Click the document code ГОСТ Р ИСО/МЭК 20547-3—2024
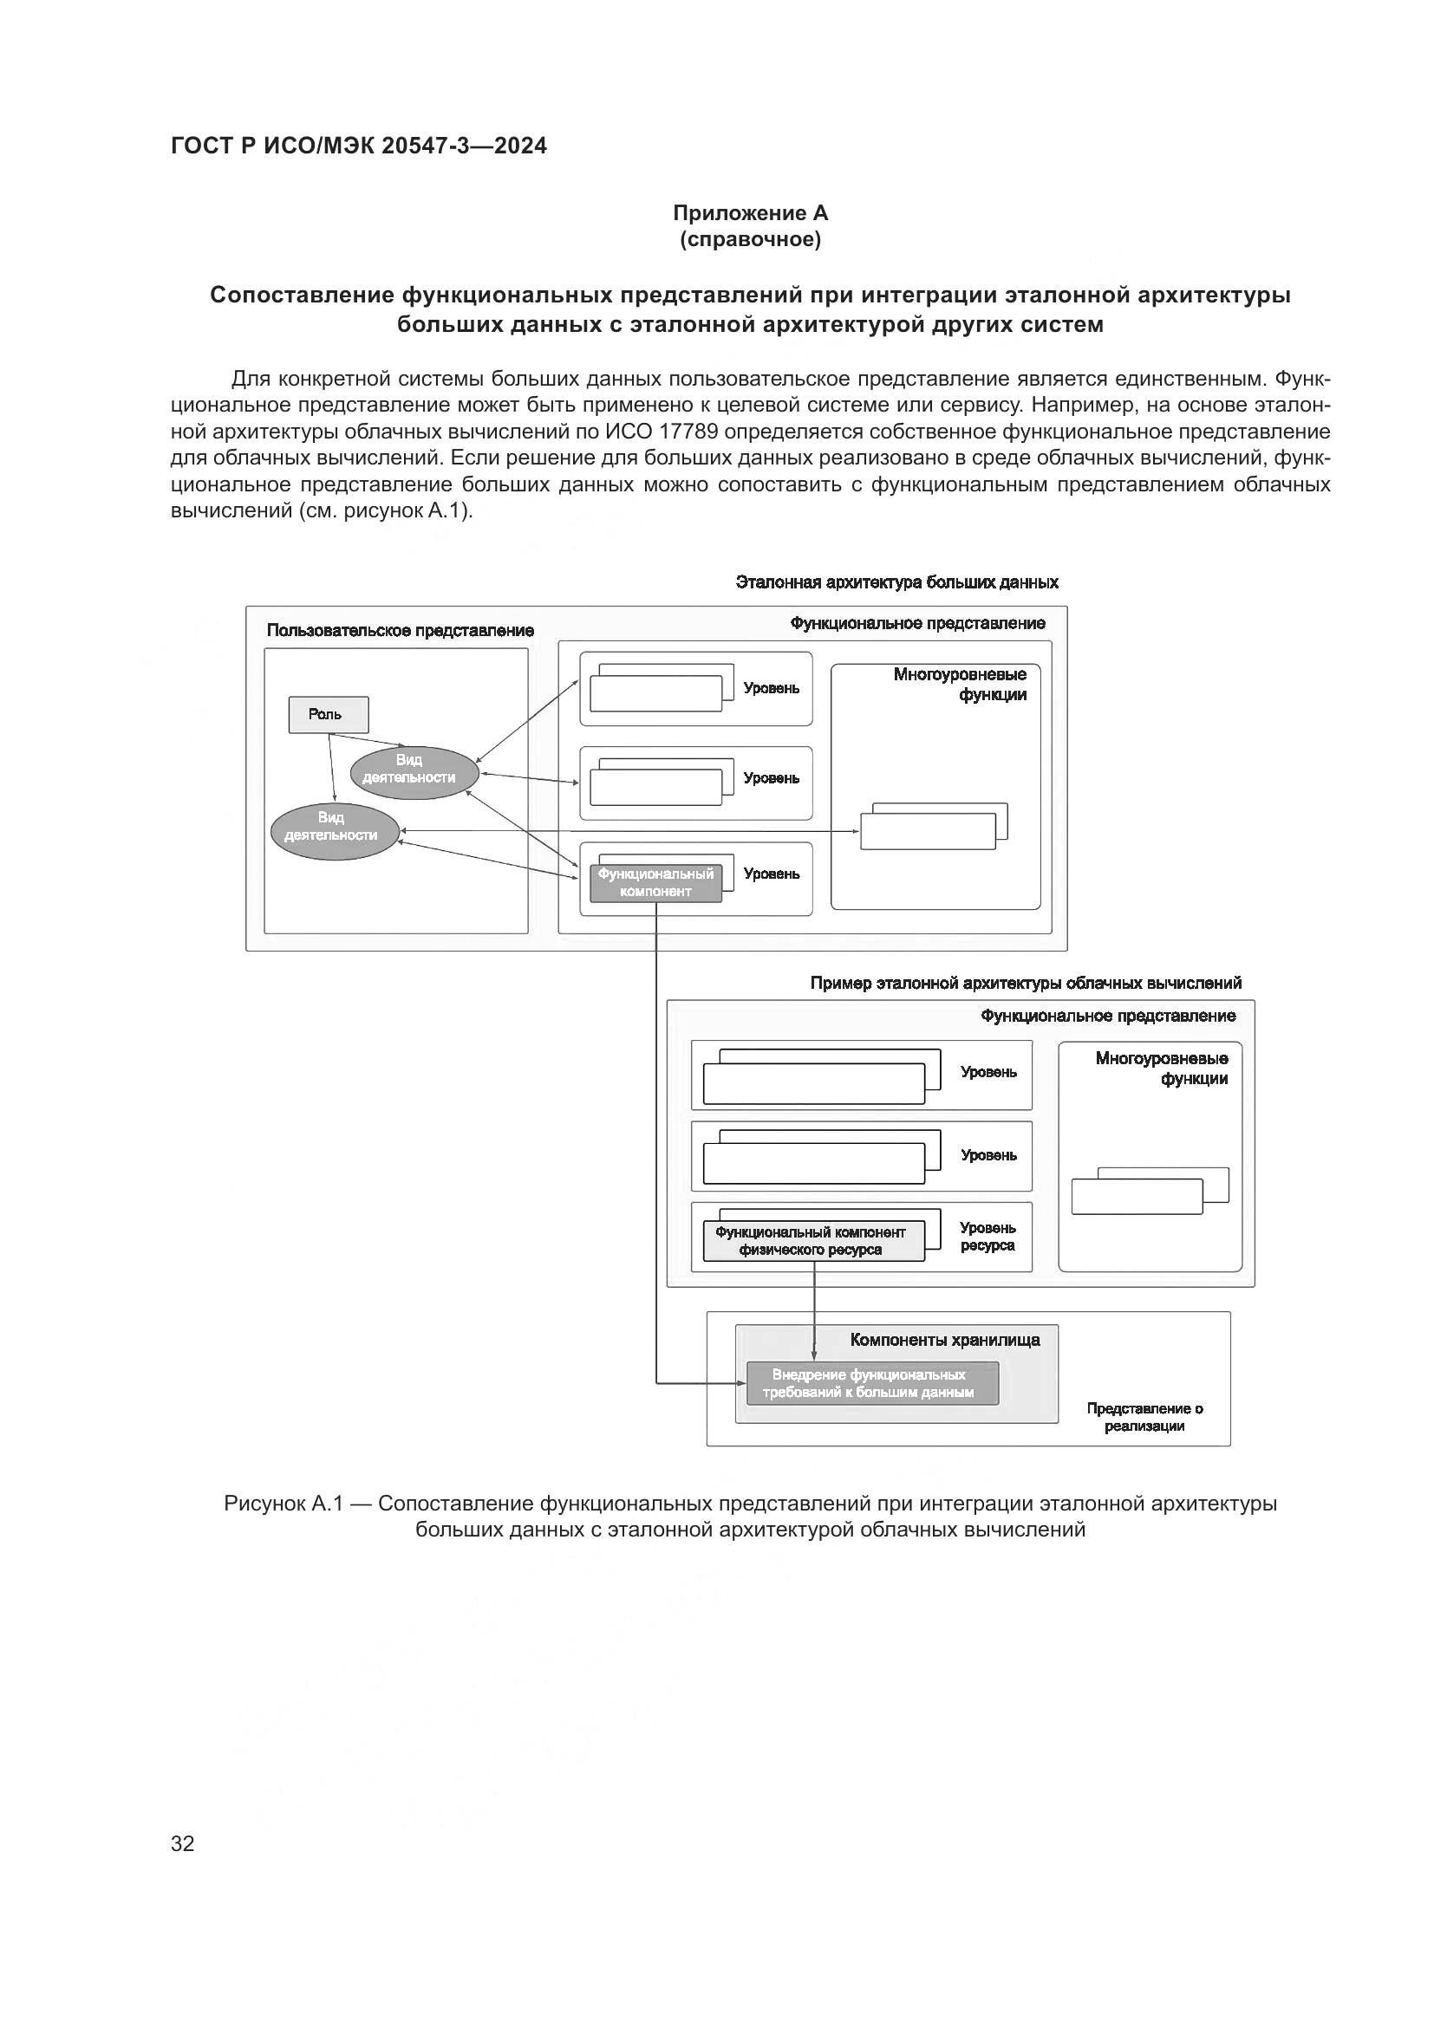click(359, 146)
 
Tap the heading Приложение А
click(750, 213)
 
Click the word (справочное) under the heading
click(750, 239)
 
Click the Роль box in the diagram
click(329, 714)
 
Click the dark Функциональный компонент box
click(655, 883)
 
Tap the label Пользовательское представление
click(400, 630)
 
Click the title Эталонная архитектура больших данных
click(896, 582)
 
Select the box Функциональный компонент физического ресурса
click(812, 1240)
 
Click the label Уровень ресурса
click(988, 1237)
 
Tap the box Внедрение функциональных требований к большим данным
click(871, 1383)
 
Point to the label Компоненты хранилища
click(944, 1340)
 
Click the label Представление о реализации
click(1144, 1417)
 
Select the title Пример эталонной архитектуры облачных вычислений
click(1025, 984)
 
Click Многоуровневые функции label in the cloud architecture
click(1161, 1069)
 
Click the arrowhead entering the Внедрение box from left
click(743, 1383)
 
